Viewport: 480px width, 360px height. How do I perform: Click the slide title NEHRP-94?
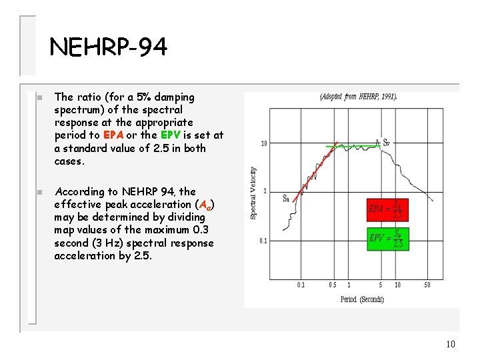[x=109, y=47]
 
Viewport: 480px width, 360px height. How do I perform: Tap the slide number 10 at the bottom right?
[x=450, y=345]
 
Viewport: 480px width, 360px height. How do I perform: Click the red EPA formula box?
[x=387, y=209]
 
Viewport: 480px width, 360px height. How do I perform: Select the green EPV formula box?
[x=387, y=239]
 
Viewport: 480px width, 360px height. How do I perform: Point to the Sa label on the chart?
[x=286, y=198]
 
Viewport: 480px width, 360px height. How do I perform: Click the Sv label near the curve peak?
[x=386, y=142]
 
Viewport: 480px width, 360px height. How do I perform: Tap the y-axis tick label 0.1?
[x=263, y=241]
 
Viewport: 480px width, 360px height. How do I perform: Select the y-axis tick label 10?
[x=264, y=143]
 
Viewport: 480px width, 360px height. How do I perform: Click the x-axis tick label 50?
[x=427, y=285]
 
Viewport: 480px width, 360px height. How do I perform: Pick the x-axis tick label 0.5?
[x=332, y=285]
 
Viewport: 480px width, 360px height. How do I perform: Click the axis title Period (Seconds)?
[x=362, y=299]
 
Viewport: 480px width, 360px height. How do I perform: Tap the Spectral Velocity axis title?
[x=253, y=193]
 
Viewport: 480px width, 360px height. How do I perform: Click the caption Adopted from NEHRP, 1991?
[x=359, y=97]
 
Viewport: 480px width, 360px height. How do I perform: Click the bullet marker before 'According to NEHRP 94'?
[x=39, y=192]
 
